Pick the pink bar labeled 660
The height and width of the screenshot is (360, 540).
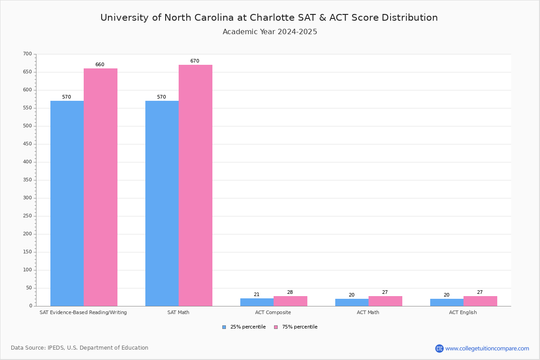[100, 187]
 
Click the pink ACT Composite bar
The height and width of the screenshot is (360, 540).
[290, 301]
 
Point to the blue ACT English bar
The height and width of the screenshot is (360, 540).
[447, 302]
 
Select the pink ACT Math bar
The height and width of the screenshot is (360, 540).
[385, 301]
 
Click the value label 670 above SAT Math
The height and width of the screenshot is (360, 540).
[194, 61]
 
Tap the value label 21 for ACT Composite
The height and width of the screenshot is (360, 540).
[256, 295]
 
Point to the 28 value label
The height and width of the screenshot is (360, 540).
[290, 292]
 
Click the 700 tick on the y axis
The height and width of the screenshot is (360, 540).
[27, 54]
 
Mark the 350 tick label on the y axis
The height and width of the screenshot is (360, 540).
[27, 180]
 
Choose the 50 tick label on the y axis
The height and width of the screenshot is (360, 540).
[29, 288]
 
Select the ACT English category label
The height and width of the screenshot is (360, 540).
[463, 312]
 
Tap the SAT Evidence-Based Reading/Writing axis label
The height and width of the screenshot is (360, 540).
[83, 312]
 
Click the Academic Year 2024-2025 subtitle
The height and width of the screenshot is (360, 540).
[270, 32]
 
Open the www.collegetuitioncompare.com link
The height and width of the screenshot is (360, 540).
[487, 348]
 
